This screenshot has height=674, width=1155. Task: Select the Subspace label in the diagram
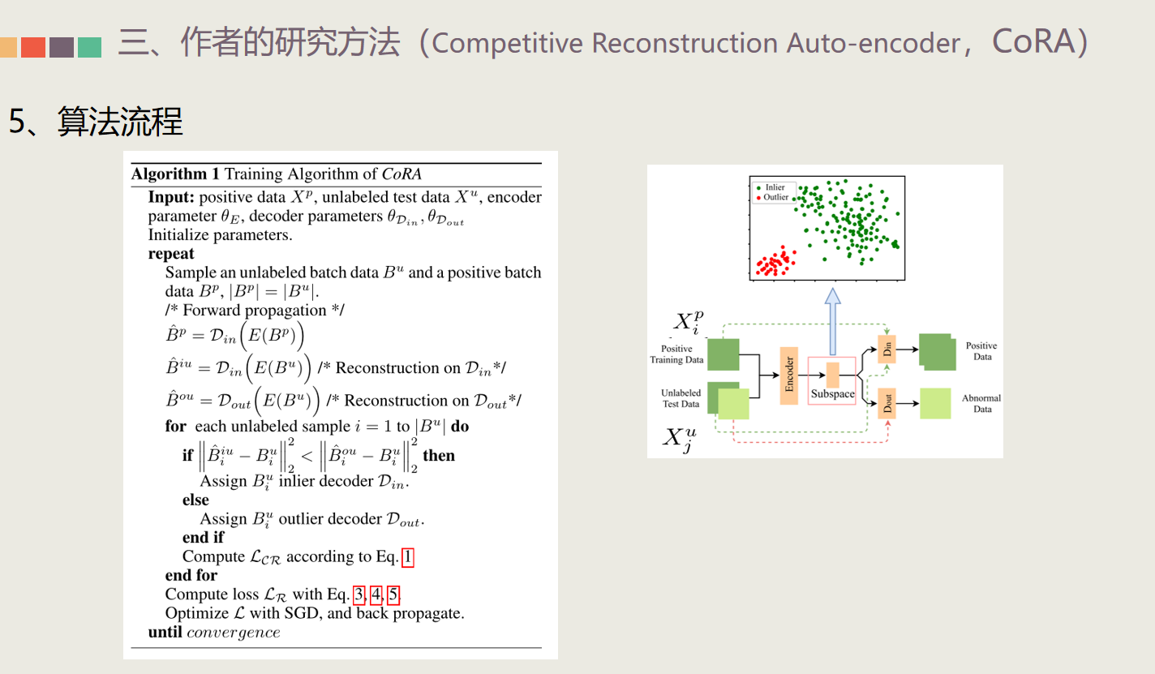[x=832, y=394]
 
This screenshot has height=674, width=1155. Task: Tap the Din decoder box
[x=887, y=350]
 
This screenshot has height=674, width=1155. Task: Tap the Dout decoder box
[x=887, y=402]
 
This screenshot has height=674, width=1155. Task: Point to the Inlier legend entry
[x=775, y=187]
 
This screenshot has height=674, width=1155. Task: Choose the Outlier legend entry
[x=776, y=197]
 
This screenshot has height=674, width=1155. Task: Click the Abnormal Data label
[x=981, y=403]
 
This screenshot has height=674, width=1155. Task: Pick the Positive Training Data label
[x=676, y=354]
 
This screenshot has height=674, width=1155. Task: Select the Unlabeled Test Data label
[x=681, y=398]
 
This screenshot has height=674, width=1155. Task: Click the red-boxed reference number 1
[x=408, y=556]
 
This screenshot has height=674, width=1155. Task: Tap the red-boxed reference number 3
[x=359, y=595]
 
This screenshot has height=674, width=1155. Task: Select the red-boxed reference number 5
[x=393, y=595]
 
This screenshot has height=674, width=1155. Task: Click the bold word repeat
[x=171, y=254]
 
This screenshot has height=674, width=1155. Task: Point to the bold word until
[x=165, y=632]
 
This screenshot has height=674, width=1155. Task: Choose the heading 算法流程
[x=120, y=122]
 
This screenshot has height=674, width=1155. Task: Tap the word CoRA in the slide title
[x=1031, y=42]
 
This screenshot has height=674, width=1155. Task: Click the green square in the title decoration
[x=89, y=47]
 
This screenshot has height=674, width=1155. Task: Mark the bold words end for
[x=191, y=575]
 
